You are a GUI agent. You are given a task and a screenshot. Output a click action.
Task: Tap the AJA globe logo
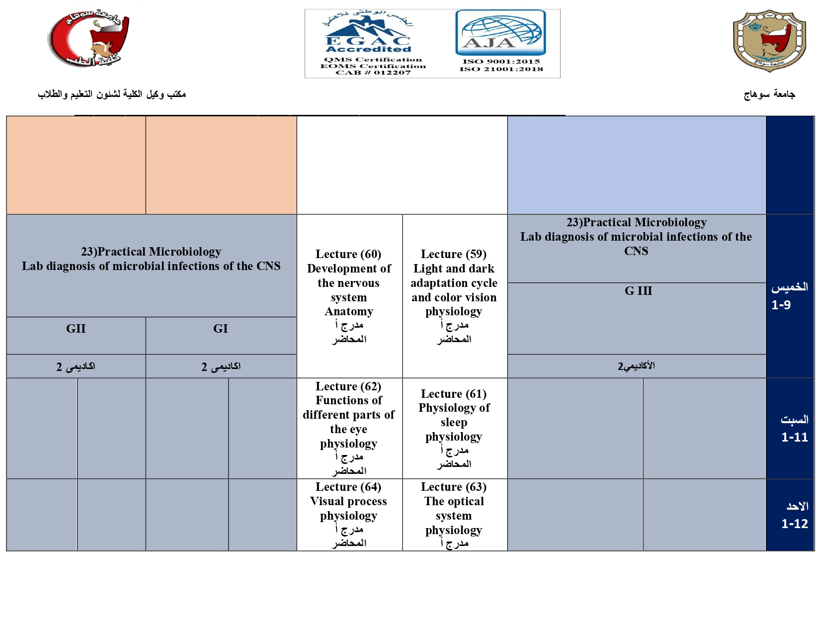tap(500, 33)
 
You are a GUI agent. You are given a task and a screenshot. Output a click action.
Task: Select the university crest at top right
tap(769, 40)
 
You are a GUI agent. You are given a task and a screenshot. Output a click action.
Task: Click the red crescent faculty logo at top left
tap(89, 38)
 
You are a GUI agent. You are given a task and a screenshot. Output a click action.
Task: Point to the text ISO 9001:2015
tap(501, 62)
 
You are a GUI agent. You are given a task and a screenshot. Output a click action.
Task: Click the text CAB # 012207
tap(373, 73)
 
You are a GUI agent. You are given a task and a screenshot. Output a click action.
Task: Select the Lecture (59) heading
tap(454, 254)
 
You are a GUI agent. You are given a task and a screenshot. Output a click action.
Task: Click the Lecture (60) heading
tap(348, 254)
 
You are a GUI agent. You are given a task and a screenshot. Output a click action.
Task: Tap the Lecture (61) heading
tap(454, 394)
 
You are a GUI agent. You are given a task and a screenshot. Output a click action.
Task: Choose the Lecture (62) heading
tap(348, 386)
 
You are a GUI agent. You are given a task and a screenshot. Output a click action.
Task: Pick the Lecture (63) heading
tap(454, 487)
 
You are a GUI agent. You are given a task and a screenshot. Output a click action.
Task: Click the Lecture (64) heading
tap(348, 487)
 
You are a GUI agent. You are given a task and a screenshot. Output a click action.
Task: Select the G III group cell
tap(638, 291)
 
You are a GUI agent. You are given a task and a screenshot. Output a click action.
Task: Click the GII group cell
tap(76, 329)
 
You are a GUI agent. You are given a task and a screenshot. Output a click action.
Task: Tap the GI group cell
tap(221, 329)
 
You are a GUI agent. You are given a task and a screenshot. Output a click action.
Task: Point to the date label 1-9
tap(781, 305)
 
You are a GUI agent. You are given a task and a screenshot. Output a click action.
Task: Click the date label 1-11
tap(794, 437)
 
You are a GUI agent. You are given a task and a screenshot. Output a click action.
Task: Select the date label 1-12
tap(794, 524)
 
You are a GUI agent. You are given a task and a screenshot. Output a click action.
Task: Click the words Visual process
tap(348, 501)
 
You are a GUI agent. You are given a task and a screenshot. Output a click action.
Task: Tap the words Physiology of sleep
tap(454, 415)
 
